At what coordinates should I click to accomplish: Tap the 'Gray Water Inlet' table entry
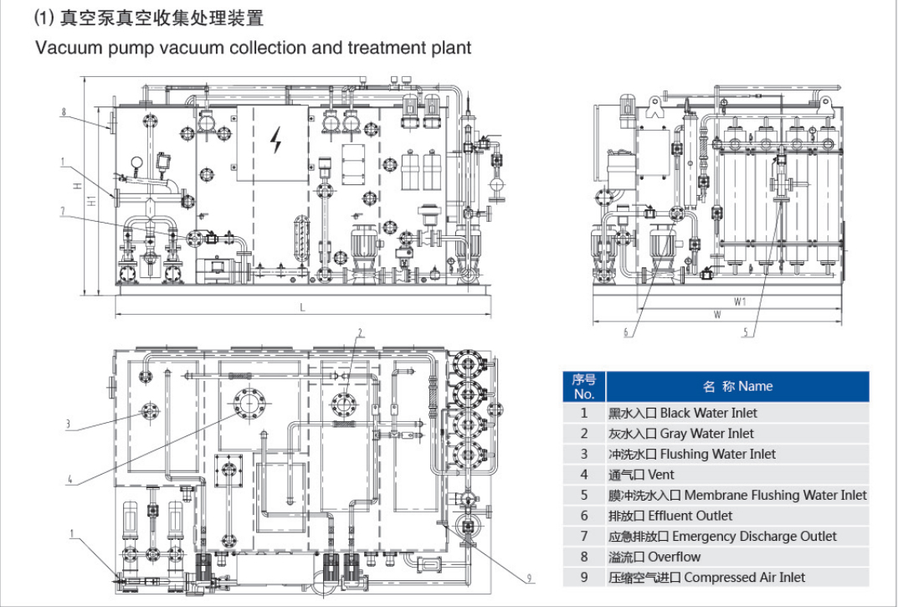[x=706, y=434]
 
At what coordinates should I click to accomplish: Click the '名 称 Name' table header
[x=737, y=387]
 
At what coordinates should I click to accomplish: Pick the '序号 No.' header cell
[x=584, y=387]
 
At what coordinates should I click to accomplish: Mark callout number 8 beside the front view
[x=63, y=111]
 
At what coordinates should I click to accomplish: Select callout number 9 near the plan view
[x=529, y=577]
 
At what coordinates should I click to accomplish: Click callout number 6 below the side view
[x=624, y=332]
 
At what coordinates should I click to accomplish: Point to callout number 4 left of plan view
[x=69, y=480]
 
